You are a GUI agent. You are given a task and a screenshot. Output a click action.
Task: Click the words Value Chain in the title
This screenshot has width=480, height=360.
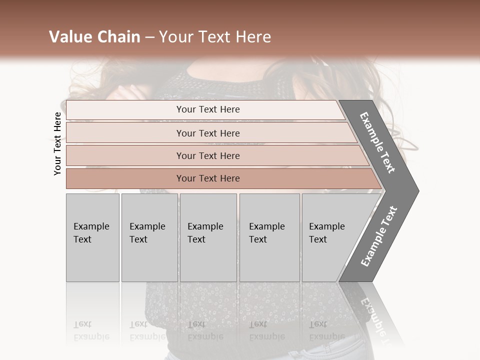[x=94, y=37]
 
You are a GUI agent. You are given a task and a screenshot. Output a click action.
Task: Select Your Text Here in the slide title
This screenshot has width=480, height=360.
[x=215, y=37]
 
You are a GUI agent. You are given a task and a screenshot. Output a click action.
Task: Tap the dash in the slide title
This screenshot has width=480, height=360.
[x=149, y=37]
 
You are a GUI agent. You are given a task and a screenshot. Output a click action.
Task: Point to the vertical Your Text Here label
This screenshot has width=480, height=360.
[x=57, y=143]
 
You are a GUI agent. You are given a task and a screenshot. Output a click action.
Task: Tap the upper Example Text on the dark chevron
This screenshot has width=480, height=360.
[x=377, y=142]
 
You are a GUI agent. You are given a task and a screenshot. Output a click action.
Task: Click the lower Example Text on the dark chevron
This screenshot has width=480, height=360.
[x=379, y=236]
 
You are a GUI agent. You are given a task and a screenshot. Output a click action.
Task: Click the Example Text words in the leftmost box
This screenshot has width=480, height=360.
[x=91, y=232]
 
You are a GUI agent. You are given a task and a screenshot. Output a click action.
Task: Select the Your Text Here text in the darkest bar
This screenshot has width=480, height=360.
[x=208, y=178]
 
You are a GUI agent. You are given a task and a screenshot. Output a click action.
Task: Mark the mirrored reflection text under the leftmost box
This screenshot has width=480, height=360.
[x=91, y=330]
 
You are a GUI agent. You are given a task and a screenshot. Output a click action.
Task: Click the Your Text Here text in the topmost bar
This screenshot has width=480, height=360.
[x=208, y=109]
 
